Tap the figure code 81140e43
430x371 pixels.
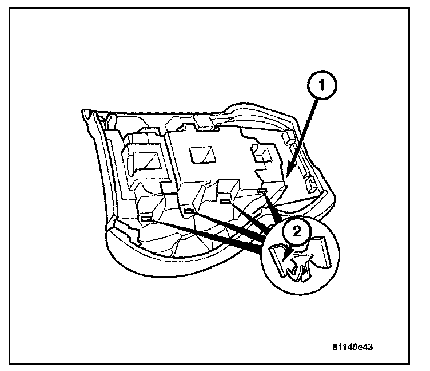click(355, 348)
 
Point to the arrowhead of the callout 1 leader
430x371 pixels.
click(289, 172)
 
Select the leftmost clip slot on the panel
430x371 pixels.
click(147, 218)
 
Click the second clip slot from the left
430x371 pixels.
click(190, 211)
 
